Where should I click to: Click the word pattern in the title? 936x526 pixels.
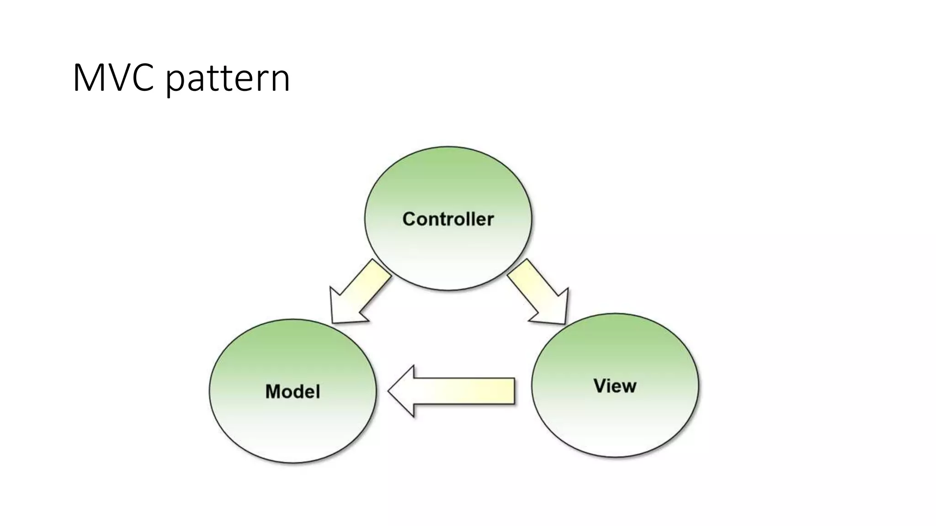(227, 80)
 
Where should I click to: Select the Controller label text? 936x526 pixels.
(448, 219)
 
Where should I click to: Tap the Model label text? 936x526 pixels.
(292, 392)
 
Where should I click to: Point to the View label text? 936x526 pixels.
(615, 386)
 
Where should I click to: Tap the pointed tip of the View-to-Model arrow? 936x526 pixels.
(389, 391)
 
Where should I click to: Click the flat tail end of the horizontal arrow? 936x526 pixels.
(514, 391)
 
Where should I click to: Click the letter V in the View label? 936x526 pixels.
(600, 386)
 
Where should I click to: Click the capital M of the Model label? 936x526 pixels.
(272, 392)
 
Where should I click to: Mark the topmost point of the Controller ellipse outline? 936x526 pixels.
(448, 147)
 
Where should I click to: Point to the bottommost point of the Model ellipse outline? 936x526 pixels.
(293, 463)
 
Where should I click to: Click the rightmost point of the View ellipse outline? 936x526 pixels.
(698, 385)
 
